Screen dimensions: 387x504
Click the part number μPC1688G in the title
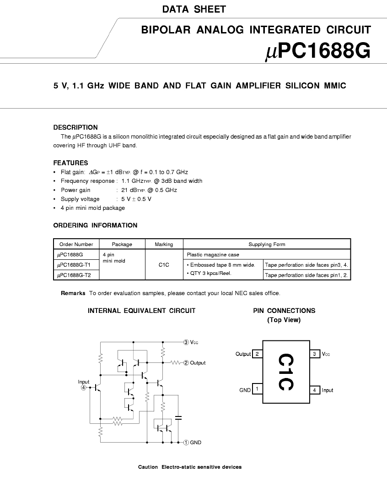coord(317,51)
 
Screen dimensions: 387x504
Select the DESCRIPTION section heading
coord(75,127)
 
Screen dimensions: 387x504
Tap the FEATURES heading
coord(70,163)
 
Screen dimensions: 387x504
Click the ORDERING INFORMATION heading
coord(95,225)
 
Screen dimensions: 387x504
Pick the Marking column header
coord(164,244)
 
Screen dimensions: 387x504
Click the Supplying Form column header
coord(267,244)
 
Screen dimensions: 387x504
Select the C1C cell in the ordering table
coord(164,265)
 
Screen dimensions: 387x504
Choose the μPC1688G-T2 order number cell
coord(74,275)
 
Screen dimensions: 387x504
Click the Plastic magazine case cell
coord(213,255)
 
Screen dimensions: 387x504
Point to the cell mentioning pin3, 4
coord(306,265)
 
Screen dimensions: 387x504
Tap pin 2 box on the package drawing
coord(258,354)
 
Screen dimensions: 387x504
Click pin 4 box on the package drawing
coord(315,390)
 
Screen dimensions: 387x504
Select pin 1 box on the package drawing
coord(258,389)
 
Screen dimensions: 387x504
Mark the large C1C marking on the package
coord(285,372)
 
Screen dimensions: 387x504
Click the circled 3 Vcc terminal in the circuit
coord(186,342)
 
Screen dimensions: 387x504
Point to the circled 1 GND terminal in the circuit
coord(186,443)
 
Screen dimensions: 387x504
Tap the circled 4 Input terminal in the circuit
coord(84,388)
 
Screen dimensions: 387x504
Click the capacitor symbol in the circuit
coord(178,418)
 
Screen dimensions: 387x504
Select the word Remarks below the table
coord(73,293)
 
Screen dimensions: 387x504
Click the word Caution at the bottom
coord(148,467)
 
